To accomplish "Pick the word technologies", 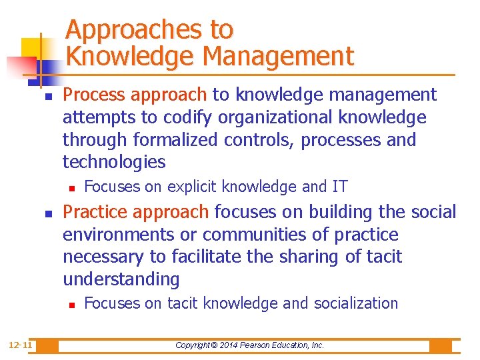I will coord(113,162).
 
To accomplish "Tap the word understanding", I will coord(121,279).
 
